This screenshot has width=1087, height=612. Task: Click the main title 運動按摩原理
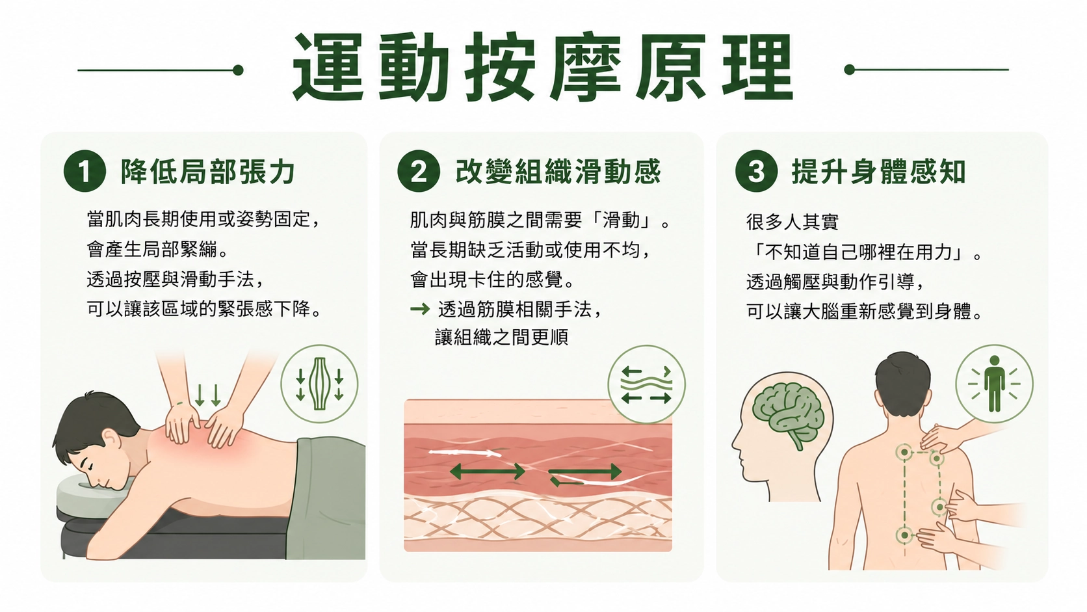[x=543, y=67]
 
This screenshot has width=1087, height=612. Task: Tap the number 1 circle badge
[x=85, y=171]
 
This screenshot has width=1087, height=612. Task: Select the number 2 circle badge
[x=419, y=171]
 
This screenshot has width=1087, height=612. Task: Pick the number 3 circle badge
[x=757, y=171]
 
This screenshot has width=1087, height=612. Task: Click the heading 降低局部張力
[x=207, y=172]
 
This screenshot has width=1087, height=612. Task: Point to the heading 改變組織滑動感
[x=558, y=172]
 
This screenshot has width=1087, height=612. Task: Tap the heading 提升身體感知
[x=879, y=172]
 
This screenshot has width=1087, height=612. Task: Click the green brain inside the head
[x=787, y=412]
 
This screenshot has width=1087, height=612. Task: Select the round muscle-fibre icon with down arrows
[x=319, y=384]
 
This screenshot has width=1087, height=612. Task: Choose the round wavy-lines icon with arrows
[x=646, y=384]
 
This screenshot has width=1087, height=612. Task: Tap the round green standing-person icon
[x=994, y=384]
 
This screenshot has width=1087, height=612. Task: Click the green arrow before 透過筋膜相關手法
[x=420, y=309]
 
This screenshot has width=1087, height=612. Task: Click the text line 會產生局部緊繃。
[x=158, y=250]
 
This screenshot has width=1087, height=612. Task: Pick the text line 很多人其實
[x=792, y=222]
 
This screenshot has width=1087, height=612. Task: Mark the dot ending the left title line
[x=238, y=70]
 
